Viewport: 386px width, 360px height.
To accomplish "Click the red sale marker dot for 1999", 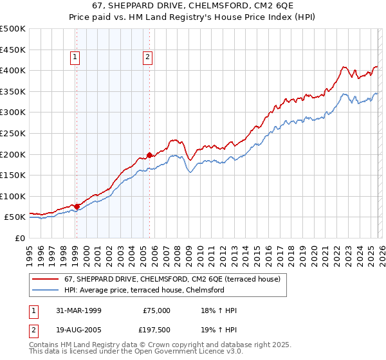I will pos(77,206).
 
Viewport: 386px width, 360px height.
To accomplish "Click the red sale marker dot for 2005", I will pos(149,155).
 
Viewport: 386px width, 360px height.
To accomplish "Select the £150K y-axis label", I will pos(13,175).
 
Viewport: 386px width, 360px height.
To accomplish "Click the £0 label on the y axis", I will pos(20,238).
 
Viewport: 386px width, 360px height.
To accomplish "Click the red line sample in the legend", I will pos(46,280).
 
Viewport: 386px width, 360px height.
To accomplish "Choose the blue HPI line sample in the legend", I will pos(46,290).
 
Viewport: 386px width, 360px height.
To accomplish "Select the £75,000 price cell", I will pos(156,310).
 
